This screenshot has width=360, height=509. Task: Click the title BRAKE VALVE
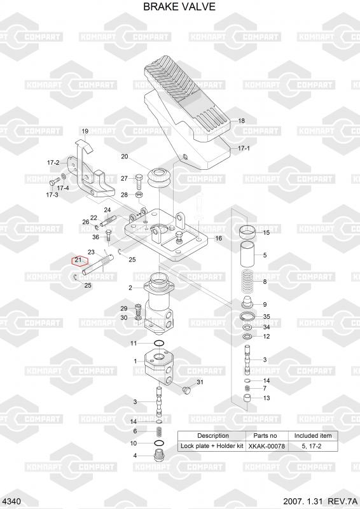tap(179, 6)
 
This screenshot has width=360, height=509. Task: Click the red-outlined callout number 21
tap(78, 260)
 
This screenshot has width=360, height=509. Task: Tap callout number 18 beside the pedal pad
tap(242, 121)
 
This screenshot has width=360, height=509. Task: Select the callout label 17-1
tap(244, 148)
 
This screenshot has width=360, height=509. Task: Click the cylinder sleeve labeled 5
tap(247, 255)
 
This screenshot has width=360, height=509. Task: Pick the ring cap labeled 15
tap(247, 232)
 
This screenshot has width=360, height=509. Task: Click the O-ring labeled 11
tap(159, 343)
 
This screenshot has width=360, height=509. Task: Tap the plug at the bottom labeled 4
tap(159, 456)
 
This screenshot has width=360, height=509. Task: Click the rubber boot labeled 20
tap(160, 178)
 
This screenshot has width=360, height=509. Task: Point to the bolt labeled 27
tap(139, 181)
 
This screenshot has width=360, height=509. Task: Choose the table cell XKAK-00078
tap(267, 447)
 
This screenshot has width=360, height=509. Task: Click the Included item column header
tap(313, 436)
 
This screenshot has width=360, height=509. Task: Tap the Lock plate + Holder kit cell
tap(212, 446)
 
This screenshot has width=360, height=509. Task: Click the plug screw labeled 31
tap(186, 390)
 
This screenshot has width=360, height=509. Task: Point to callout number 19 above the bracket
tap(85, 131)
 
